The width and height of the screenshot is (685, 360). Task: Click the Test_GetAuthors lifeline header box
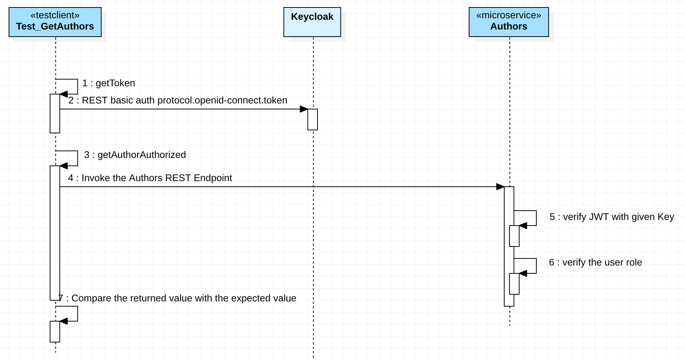point(55,22)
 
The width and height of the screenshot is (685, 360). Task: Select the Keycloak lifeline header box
point(312,22)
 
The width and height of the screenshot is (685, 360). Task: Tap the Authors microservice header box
point(508,22)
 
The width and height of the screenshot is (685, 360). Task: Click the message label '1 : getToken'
point(109,83)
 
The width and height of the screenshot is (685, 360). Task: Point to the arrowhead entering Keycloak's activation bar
point(304,109)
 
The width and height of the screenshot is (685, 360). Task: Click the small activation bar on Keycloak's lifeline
point(313,120)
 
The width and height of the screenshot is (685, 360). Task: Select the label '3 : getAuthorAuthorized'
point(135,155)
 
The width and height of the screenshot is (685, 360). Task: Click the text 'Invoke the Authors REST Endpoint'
point(156,178)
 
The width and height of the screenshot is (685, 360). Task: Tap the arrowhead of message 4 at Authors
point(500,187)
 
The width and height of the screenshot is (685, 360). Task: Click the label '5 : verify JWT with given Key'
point(611,217)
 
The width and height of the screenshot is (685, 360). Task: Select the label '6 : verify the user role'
point(595,262)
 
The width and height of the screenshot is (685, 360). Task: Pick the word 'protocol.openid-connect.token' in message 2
point(222,100)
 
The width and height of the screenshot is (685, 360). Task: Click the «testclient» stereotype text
point(55,15)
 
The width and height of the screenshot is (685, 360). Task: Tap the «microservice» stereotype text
point(508,15)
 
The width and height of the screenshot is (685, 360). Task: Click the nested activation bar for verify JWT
point(514,236)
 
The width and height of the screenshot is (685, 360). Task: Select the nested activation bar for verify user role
point(514,284)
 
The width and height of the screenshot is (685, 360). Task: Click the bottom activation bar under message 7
point(55,332)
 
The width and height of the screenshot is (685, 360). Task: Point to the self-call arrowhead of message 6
point(523,273)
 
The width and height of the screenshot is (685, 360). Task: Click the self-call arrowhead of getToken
point(63,94)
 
